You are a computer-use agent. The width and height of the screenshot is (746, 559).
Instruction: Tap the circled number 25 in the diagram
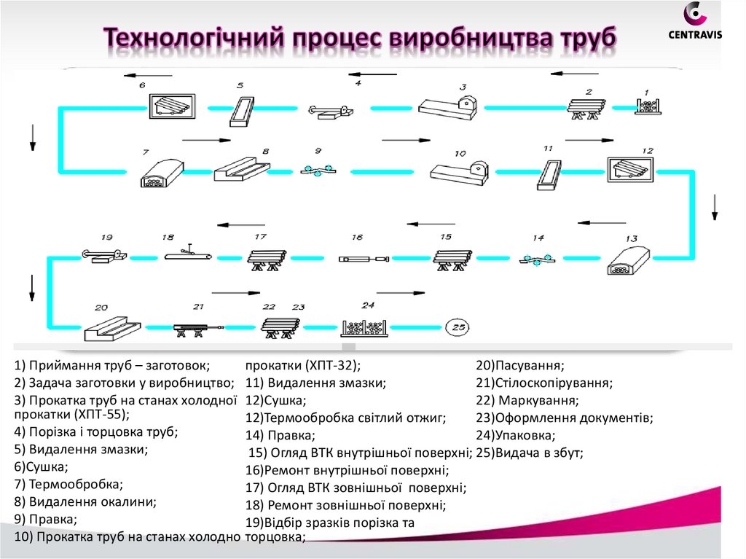(x=458, y=327)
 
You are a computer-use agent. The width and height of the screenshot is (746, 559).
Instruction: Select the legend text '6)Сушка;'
(x=41, y=466)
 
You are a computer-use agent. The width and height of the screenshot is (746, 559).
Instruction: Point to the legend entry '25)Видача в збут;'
(x=530, y=453)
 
